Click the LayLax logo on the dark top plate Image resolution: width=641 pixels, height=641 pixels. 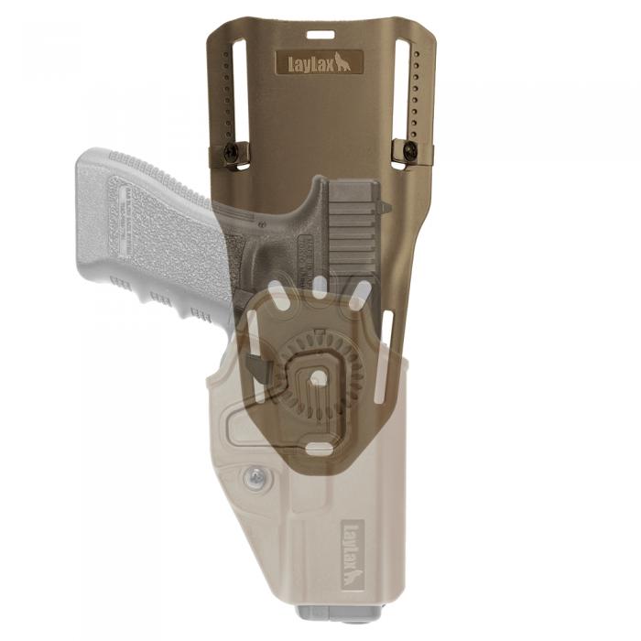pyautogui.click(x=320, y=62)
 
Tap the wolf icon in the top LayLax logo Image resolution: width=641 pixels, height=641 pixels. pyautogui.click(x=342, y=62)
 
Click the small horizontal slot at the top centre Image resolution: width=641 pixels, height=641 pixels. pyautogui.click(x=320, y=35)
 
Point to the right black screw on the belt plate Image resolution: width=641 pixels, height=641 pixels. pyautogui.click(x=410, y=151)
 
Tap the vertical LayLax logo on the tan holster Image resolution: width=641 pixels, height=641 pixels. pyautogui.click(x=352, y=554)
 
